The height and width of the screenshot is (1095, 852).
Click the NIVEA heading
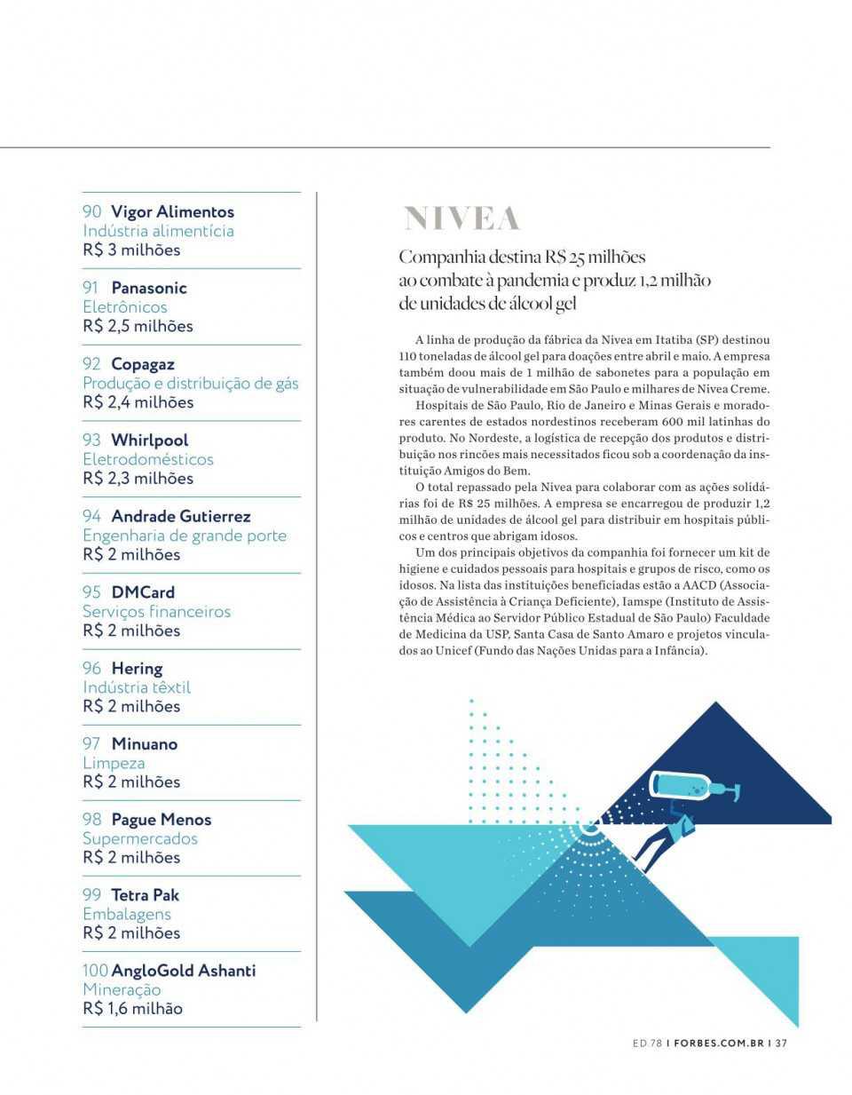pyautogui.click(x=461, y=218)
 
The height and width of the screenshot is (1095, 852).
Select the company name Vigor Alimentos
pyautogui.click(x=172, y=211)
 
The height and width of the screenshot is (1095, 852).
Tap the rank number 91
pyautogui.click(x=91, y=288)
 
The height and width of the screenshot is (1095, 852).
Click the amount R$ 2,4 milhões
pyautogui.click(x=138, y=402)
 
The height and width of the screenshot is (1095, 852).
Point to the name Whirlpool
pyautogui.click(x=149, y=440)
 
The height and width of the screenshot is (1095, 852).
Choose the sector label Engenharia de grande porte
pyautogui.click(x=185, y=536)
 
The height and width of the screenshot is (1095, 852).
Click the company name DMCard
pyautogui.click(x=143, y=592)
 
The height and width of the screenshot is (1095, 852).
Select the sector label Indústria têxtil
pyautogui.click(x=137, y=687)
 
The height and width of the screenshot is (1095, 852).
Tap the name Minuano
pyautogui.click(x=144, y=744)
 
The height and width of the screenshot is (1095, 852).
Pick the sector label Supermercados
pyautogui.click(x=140, y=838)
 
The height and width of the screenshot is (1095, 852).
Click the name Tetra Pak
pyautogui.click(x=145, y=895)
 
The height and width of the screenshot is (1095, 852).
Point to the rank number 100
pyautogui.click(x=95, y=971)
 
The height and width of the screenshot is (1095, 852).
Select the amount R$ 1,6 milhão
pyautogui.click(x=132, y=1009)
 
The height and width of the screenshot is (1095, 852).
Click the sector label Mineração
pyautogui.click(x=122, y=989)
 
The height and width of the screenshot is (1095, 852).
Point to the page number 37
pyautogui.click(x=781, y=1043)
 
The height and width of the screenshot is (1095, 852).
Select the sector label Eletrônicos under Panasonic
pyautogui.click(x=125, y=307)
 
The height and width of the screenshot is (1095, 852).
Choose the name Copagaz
pyautogui.click(x=143, y=364)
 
